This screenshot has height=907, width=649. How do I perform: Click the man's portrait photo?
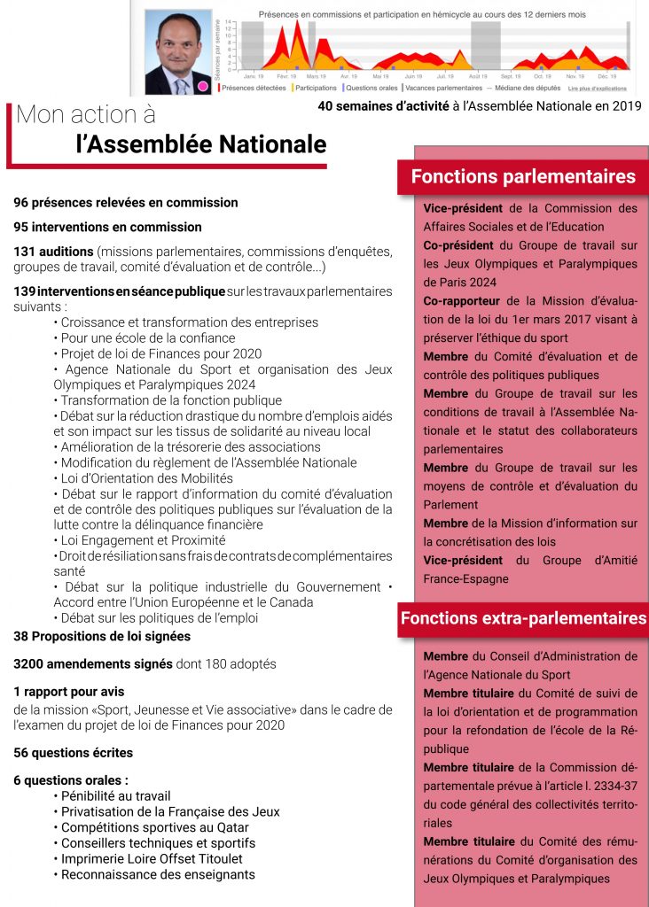click(x=177, y=51)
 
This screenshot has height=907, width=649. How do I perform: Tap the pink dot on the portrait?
click(x=202, y=86)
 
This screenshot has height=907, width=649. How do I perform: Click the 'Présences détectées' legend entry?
click(x=253, y=88)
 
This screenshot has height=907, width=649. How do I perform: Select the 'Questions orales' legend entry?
click(x=371, y=88)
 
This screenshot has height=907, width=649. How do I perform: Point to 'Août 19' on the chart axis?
click(x=478, y=78)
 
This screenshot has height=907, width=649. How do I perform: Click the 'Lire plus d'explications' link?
click(x=598, y=88)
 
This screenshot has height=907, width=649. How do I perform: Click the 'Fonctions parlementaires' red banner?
click(x=523, y=176)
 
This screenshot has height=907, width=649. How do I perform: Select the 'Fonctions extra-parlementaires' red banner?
click(x=523, y=618)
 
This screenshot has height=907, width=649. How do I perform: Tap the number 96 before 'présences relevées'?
click(x=22, y=203)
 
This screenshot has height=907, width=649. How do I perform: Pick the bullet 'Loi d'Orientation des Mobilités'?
click(x=146, y=478)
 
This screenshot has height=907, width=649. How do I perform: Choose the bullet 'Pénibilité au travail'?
click(x=115, y=796)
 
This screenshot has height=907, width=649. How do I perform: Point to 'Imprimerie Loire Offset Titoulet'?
click(x=152, y=858)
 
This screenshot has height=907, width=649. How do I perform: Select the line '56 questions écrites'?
click(x=73, y=753)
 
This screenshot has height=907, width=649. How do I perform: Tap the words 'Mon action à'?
click(x=85, y=114)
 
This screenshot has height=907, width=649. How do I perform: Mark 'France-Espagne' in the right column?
click(x=466, y=578)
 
